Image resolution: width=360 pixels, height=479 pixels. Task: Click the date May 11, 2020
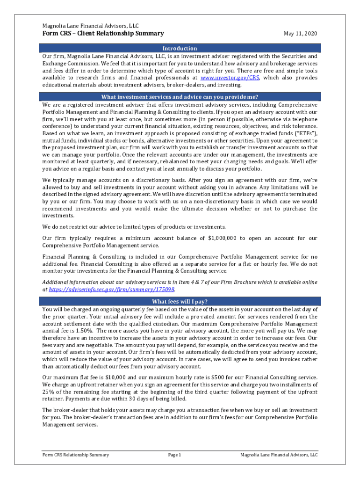301,34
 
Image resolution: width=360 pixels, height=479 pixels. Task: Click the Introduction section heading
180,48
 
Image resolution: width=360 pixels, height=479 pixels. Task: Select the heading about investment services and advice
180,97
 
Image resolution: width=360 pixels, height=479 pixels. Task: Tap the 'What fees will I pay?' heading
180,301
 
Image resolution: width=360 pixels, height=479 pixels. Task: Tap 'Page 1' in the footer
174,455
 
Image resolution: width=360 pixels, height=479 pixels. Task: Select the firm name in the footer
279,455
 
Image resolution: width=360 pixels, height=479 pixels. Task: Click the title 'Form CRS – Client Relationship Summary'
103,34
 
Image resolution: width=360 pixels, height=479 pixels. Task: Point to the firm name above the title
90,26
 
